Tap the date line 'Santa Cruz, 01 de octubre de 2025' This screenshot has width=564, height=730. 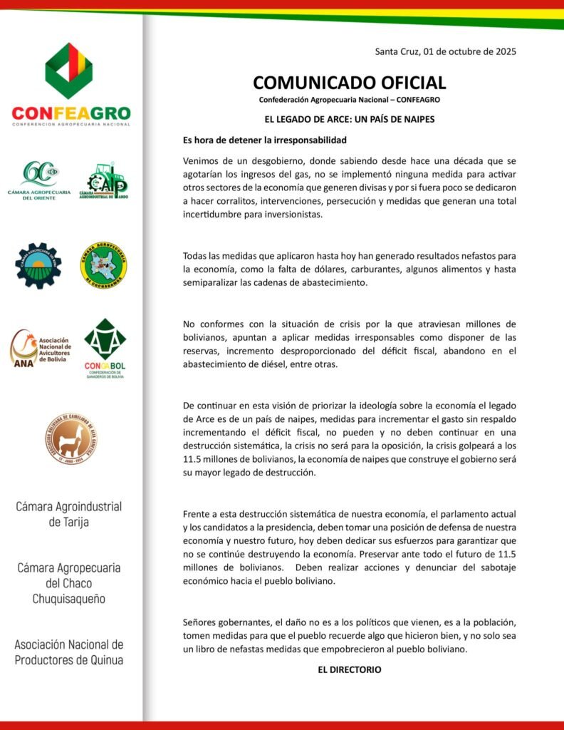[445, 51]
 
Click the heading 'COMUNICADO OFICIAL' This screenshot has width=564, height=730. [350, 83]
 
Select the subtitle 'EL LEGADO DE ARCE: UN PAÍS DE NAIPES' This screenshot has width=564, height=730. [350, 119]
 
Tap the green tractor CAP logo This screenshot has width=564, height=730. [103, 182]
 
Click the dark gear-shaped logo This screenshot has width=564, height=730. [38, 265]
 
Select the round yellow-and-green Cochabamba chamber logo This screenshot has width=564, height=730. [103, 265]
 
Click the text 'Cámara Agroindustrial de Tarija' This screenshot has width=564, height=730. [69, 514]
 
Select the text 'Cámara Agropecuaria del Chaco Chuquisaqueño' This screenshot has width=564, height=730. [69, 583]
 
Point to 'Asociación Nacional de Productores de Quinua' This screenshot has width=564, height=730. [69, 652]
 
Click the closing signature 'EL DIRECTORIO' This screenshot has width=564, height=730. [350, 669]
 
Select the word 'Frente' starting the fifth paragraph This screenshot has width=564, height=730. [198, 513]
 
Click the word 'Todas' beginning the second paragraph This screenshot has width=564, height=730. [197, 255]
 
